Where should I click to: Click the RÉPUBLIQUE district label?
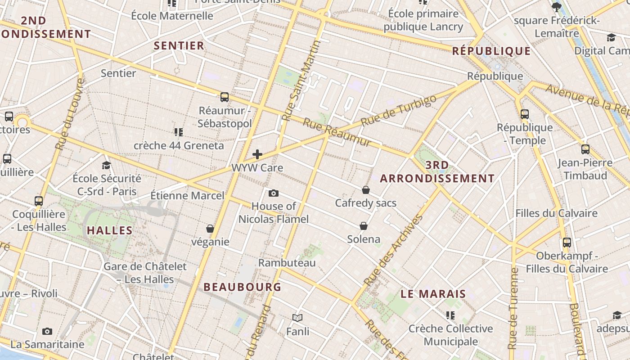coord(491,51)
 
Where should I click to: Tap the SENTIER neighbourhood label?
coord(179,45)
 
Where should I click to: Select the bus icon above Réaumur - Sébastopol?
coord(224,97)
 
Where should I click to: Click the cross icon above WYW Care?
coord(257,154)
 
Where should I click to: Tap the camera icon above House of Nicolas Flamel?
coord(273,193)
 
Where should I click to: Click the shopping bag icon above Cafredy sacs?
coord(366,190)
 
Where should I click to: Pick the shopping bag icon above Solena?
coord(364,226)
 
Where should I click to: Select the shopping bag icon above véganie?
coord(210,229)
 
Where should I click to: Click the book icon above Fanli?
coord(297,318)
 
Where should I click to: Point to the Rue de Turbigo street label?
coord(399,110)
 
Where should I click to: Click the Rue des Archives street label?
coord(394,250)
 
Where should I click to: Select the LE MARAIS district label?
coord(433,294)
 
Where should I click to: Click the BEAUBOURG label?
coord(242,287)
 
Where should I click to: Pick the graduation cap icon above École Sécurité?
coord(107,165)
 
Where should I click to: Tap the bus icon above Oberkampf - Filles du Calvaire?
coord(567,243)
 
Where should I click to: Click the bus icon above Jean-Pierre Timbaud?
coord(585,149)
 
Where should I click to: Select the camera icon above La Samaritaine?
coord(47,332)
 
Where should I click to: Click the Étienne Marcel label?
coord(187,196)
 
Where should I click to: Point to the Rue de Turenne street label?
coord(513,308)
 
